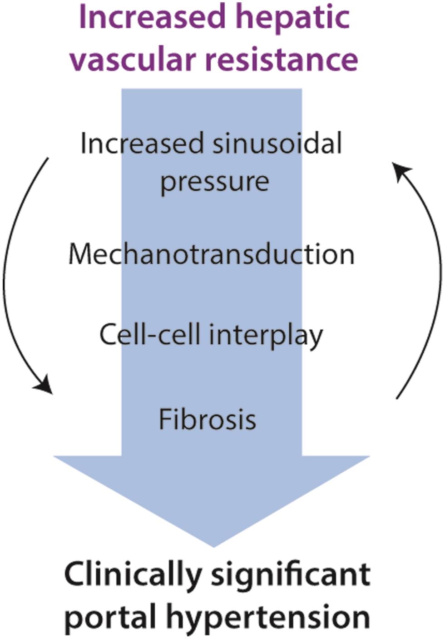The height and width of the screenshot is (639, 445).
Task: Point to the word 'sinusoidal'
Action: [x=277, y=144]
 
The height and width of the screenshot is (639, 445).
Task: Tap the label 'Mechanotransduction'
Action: [x=212, y=254]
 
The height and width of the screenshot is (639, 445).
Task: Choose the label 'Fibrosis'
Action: [x=208, y=419]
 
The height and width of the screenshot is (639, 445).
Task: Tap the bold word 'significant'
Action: [x=291, y=574]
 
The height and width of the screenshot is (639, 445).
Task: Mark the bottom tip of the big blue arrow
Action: [x=213, y=545]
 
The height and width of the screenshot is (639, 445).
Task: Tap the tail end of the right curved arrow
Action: [x=397, y=398]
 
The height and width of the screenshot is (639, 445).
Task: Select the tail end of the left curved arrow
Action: [x=48, y=159]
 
